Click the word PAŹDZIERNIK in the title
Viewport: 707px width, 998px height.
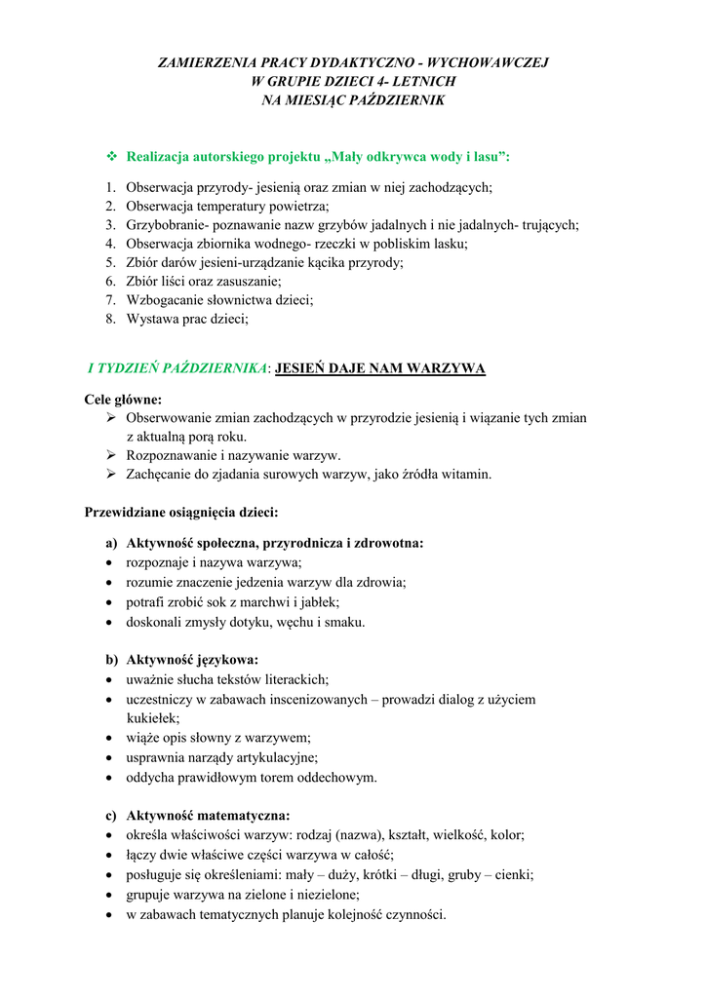click(398, 100)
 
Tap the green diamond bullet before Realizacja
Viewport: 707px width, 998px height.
click(110, 156)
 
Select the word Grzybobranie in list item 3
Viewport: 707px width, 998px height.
click(165, 225)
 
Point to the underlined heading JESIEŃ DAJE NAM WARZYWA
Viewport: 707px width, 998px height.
click(380, 368)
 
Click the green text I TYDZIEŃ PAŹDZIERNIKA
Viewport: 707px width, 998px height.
click(177, 368)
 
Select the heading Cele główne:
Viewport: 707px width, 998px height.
click(124, 399)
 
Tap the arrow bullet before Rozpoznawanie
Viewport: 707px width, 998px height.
click(110, 455)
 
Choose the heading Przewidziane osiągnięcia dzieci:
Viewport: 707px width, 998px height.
click(181, 511)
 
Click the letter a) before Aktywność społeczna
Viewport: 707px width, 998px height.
click(110, 543)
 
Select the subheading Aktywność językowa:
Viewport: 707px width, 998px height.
click(192, 660)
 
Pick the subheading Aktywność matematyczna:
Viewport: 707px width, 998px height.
click(208, 816)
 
